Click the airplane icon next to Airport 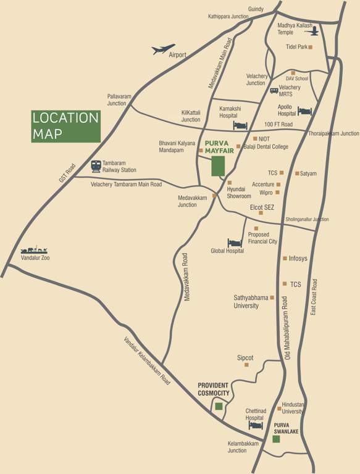click(164, 49)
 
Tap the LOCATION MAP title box click(65, 126)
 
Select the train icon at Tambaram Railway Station click(96, 165)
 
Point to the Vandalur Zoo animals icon click(33, 249)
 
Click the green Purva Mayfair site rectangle click(218, 166)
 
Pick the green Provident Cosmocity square click(219, 406)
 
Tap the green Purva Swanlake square click(275, 439)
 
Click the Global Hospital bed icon click(235, 243)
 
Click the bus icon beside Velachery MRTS click(274, 91)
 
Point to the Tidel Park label click(296, 47)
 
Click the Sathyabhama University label click(251, 301)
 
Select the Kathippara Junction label click(228, 17)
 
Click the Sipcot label click(245, 358)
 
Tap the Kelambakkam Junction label click(246, 447)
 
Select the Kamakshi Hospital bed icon click(240, 125)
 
